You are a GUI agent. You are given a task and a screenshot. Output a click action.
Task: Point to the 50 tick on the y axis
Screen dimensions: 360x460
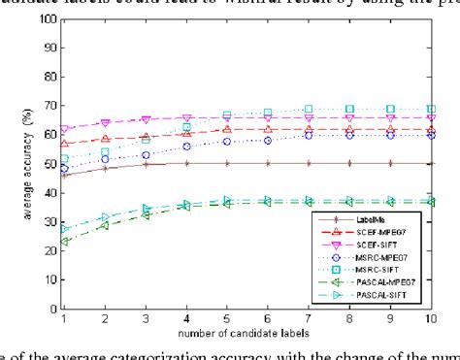pyautogui.click(x=48, y=165)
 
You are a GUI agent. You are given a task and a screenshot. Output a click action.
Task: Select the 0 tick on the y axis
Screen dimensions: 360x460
pyautogui.click(x=50, y=311)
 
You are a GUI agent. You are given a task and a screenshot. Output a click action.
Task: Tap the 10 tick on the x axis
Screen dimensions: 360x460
pyautogui.click(x=430, y=321)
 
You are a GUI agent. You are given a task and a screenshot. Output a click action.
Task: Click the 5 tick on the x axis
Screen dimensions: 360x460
pyautogui.click(x=227, y=321)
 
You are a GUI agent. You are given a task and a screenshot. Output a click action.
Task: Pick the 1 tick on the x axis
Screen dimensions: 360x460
pyautogui.click(x=64, y=321)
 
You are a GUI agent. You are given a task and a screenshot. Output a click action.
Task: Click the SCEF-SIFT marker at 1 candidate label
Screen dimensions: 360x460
pyautogui.click(x=64, y=129)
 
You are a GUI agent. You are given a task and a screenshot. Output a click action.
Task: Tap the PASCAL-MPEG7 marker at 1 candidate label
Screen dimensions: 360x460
pyautogui.click(x=64, y=242)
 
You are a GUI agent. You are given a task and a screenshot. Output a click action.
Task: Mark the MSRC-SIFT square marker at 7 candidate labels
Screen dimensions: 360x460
pyautogui.click(x=309, y=109)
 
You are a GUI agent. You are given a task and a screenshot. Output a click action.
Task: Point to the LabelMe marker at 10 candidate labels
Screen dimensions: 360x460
pyautogui.click(x=430, y=163)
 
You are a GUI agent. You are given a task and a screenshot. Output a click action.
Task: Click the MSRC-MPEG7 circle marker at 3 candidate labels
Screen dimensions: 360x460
pyautogui.click(x=146, y=154)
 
